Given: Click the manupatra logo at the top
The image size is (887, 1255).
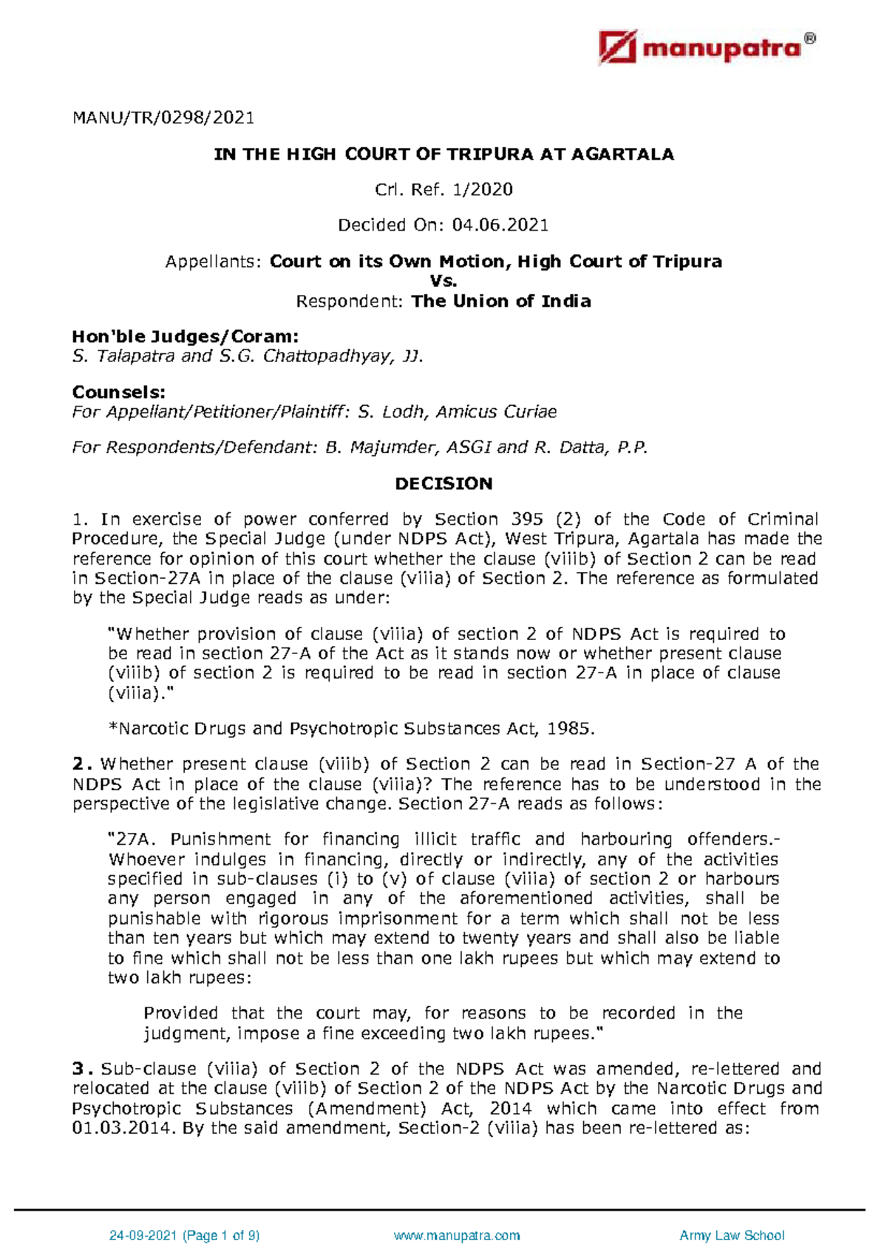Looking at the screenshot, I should coord(706,48).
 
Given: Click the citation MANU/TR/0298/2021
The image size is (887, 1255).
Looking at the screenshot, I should coord(163,118).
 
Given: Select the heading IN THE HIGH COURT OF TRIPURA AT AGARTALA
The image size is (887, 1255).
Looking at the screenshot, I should coord(443,154).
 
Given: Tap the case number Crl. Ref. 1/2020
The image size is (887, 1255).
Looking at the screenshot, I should coord(443,190).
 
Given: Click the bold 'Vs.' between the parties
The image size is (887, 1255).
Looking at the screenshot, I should coord(443,281).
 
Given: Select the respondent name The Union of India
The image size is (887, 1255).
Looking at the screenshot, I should coord(501,301).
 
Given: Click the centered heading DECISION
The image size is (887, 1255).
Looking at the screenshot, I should coord(443,483).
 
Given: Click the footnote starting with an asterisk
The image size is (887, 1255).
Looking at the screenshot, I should coord(351,729).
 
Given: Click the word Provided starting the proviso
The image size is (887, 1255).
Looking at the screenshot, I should coord(180,1013).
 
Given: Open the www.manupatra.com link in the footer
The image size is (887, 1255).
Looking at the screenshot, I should coord(457,1235).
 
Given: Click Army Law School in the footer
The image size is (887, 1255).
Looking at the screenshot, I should coord(731,1235).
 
